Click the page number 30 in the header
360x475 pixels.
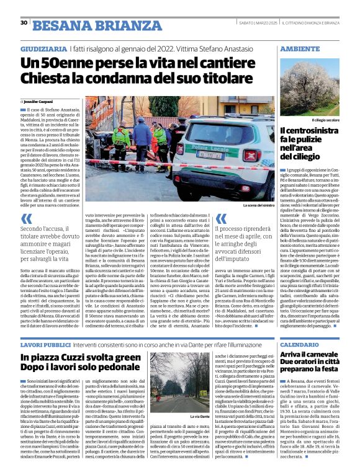click(x=24, y=23)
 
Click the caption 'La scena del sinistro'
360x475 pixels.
click(x=257, y=205)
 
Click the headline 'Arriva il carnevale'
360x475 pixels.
click(x=314, y=354)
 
